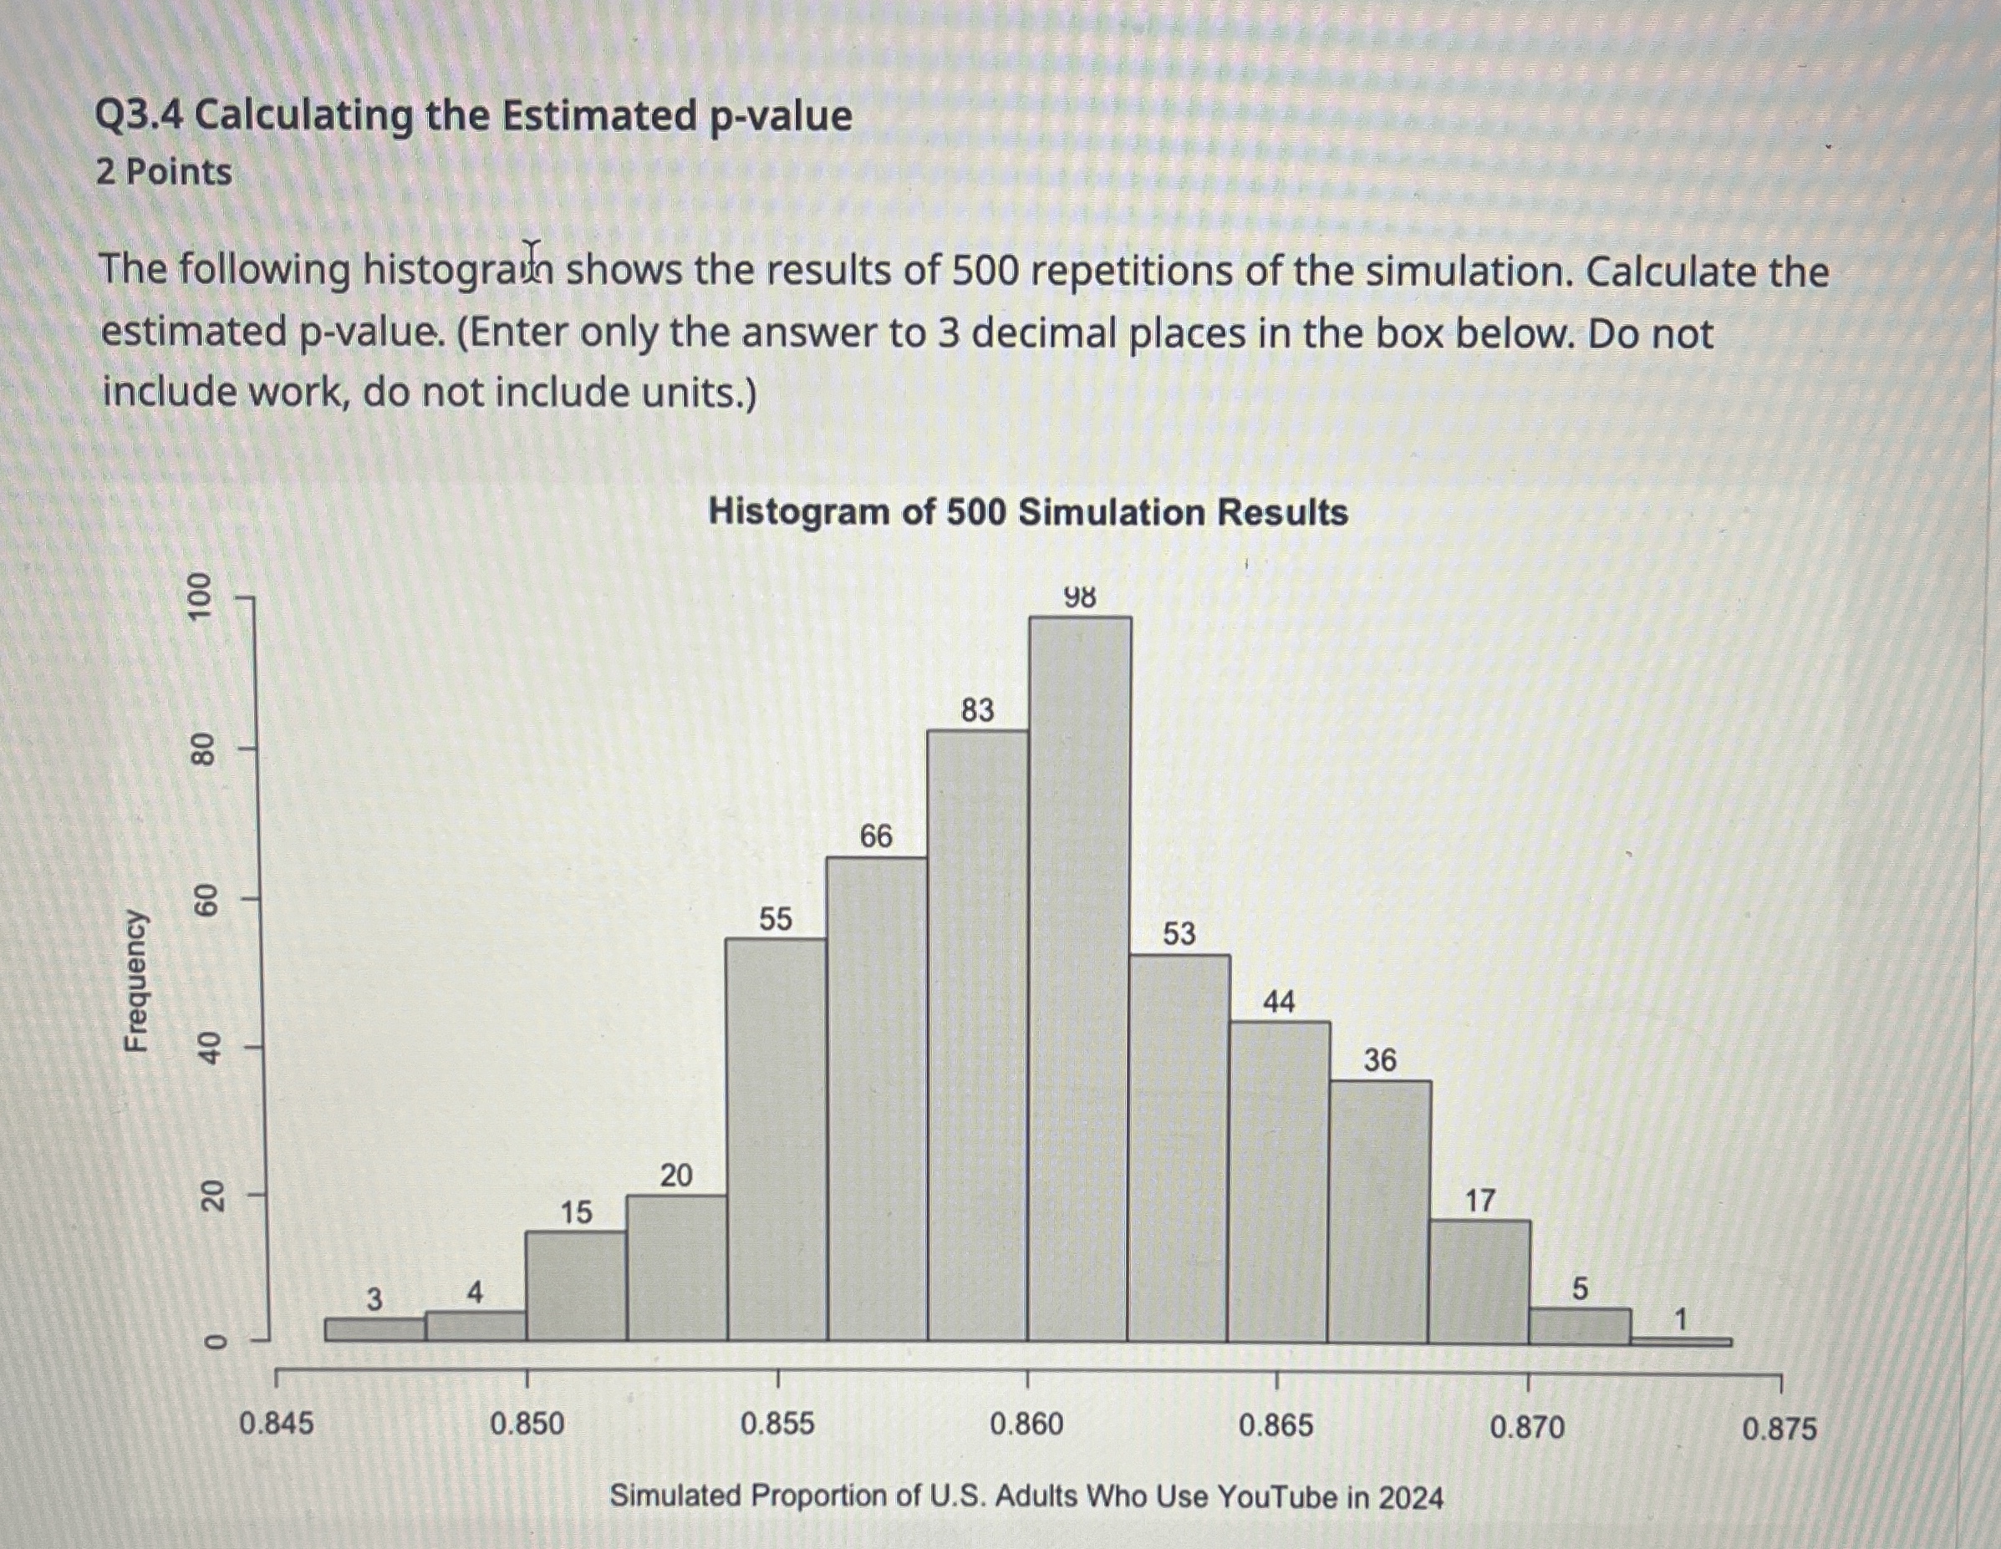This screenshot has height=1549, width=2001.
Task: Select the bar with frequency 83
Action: click(x=978, y=1035)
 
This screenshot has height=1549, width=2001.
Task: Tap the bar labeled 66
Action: click(x=877, y=1100)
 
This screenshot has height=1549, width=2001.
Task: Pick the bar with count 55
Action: click(x=776, y=1140)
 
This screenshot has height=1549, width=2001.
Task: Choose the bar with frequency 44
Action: click(x=1279, y=1181)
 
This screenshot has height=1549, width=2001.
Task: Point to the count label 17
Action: click(x=1479, y=1200)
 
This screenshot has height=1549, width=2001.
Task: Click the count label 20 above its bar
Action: click(x=676, y=1176)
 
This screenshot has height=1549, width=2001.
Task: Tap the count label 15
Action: click(x=576, y=1213)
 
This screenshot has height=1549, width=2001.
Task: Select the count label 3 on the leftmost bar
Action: click(x=374, y=1299)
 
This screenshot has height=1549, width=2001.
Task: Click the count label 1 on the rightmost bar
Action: click(x=1679, y=1320)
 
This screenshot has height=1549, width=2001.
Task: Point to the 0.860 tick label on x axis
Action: click(x=1027, y=1425)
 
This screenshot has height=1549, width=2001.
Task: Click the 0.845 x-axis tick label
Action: click(x=276, y=1425)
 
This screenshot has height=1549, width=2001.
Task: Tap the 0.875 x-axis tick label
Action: click(x=1779, y=1429)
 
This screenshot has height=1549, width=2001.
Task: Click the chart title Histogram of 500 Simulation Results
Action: click(x=1028, y=512)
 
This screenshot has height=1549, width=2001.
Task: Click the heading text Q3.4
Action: click(x=140, y=116)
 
